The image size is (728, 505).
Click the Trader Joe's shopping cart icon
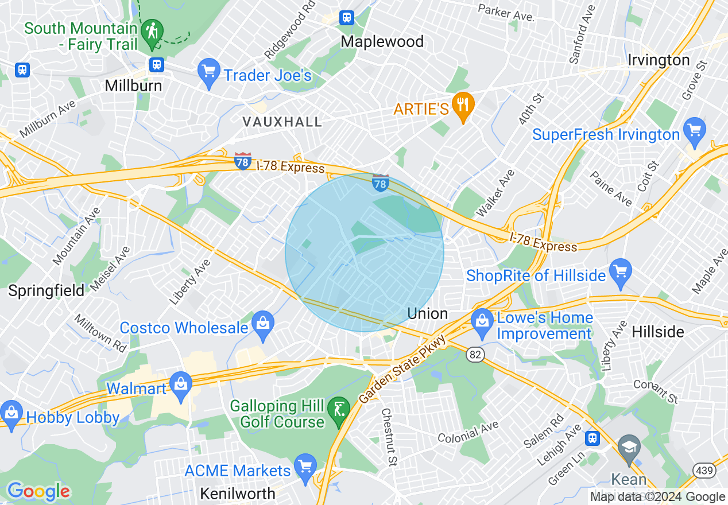[208, 73]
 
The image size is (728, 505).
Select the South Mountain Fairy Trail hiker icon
[152, 32]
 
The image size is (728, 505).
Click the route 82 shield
[475, 355]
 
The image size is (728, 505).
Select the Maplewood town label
[382, 41]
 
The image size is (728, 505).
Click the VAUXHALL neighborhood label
[282, 122]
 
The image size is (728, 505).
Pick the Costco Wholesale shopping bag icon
[263, 324]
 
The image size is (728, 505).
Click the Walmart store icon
[181, 384]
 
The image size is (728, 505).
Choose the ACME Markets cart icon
[305, 467]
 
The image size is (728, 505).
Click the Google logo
[38, 491]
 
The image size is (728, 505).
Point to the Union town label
[427, 313]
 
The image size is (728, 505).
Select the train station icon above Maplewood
[347, 18]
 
